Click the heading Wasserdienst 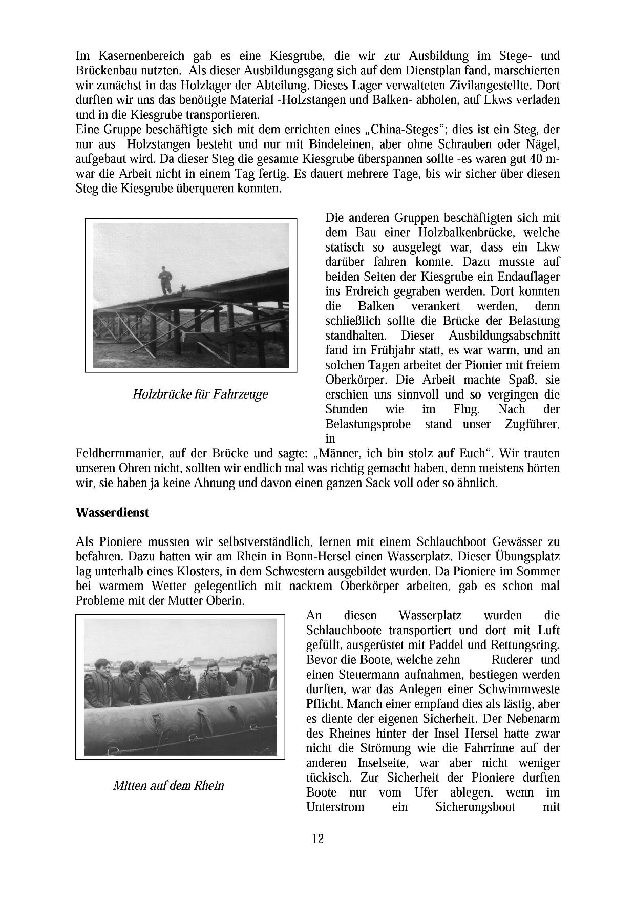pos(112,512)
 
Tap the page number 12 pos(317,839)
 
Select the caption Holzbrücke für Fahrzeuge pos(200,394)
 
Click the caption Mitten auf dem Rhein pos(168,785)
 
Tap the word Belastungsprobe pos(365,424)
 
